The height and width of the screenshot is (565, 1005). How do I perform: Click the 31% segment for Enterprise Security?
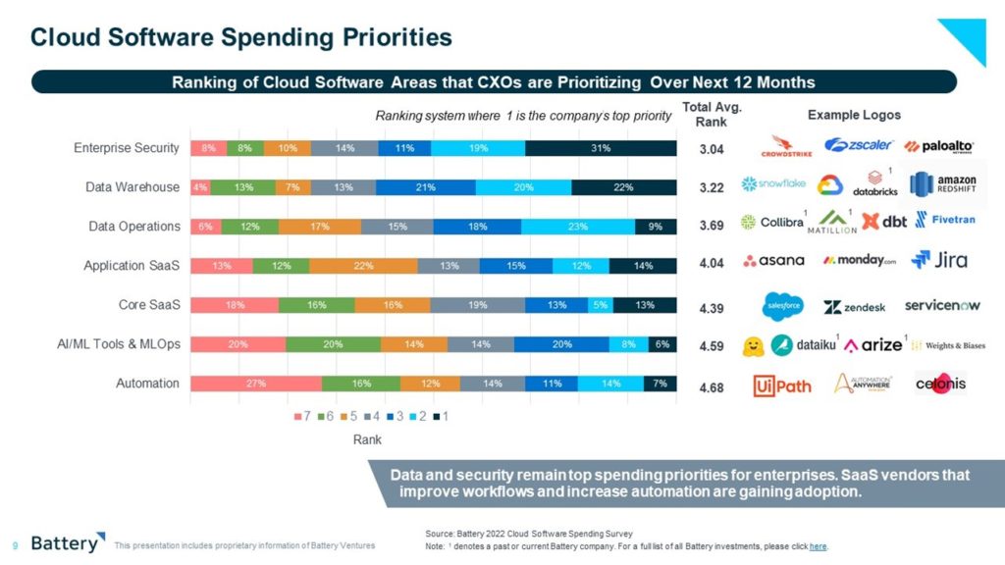601,148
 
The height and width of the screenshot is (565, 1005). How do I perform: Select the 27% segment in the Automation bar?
256,384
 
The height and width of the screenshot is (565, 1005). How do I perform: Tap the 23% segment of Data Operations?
577,227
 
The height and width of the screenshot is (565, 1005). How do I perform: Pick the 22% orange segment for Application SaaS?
363,266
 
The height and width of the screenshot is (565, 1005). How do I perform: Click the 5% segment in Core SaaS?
598,305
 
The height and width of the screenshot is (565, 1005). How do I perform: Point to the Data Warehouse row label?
132,187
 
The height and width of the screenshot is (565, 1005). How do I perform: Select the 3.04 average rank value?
713,150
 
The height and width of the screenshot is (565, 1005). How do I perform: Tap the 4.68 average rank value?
713,388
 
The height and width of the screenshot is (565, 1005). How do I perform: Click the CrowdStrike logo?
786,146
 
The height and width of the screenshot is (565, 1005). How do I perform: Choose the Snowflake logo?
773,183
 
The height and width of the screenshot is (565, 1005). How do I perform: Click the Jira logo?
939,260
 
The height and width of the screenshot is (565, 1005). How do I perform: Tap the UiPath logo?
782,385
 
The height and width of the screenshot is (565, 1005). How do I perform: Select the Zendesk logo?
854,307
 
